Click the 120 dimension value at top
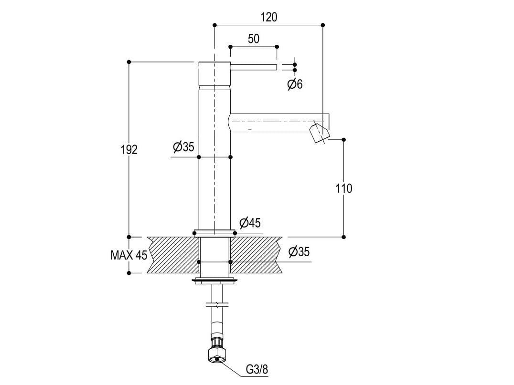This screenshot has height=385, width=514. pos(268,17)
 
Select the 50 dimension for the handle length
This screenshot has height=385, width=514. pos(254,39)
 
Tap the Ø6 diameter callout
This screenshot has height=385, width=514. pos(295,84)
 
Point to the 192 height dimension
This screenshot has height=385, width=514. pos(129,149)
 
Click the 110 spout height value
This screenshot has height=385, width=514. pos(343,188)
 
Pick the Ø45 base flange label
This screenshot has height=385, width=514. pos(250,222)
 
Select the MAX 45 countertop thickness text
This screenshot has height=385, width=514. pos(129,255)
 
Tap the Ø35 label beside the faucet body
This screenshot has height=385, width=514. pos(183,147)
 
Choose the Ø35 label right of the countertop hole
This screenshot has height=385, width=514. pos(299,252)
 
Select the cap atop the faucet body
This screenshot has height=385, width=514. pos(214,73)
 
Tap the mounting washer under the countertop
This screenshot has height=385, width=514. pos(214,281)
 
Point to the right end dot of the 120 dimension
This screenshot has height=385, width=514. pos(323,25)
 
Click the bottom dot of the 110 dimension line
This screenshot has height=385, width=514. pos(343,237)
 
